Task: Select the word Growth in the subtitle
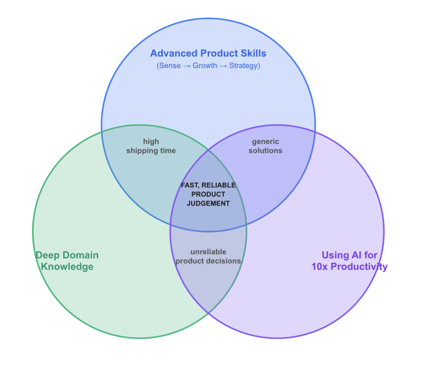[205, 66]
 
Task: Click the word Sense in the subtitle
[170, 66]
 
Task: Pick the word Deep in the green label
[48, 255]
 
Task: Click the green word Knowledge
[67, 267]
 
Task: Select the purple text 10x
[319, 267]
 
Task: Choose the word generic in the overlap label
[265, 142]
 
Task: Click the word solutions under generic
[265, 151]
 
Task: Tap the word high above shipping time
[151, 142]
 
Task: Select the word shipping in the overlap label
[142, 151]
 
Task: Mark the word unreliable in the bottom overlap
[208, 252]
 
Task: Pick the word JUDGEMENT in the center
[208, 204]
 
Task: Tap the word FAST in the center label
[190, 185]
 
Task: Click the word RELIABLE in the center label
[219, 185]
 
